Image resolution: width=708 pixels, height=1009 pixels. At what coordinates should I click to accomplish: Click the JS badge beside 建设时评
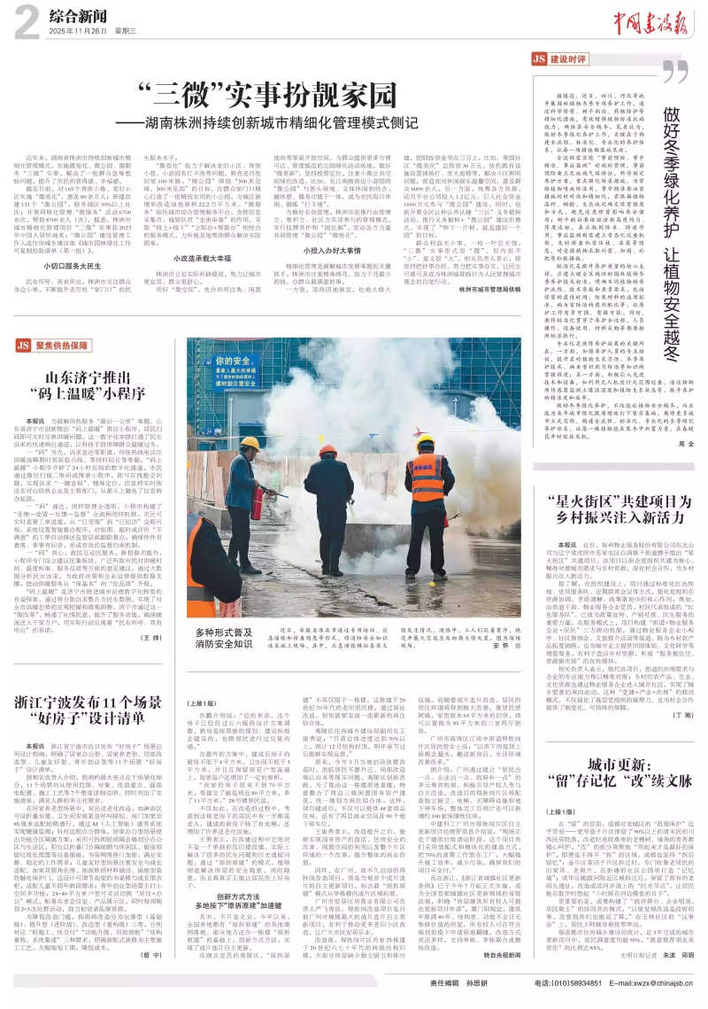coord(538,59)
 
